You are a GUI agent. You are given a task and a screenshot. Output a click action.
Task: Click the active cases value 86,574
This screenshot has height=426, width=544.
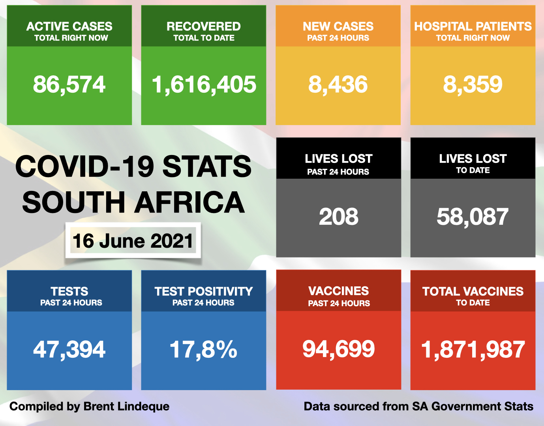pyautogui.click(x=69, y=84)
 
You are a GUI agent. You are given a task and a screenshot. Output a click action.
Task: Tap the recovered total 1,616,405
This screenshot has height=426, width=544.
pyautogui.click(x=204, y=84)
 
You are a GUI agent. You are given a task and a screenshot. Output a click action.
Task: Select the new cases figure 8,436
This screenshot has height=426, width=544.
pyautogui.click(x=338, y=84)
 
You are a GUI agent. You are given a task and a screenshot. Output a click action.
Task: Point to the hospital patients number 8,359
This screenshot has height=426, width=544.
pyautogui.click(x=473, y=84)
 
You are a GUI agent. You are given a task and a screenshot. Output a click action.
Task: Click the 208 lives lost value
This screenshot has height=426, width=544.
pyautogui.click(x=338, y=217)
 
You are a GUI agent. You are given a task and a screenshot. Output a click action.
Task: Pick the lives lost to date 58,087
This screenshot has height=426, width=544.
pyautogui.click(x=473, y=217)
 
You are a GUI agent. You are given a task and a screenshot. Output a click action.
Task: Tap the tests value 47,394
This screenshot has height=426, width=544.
pyautogui.click(x=69, y=349)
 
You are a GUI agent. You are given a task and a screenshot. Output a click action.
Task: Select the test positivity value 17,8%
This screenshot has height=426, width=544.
pyautogui.click(x=203, y=349)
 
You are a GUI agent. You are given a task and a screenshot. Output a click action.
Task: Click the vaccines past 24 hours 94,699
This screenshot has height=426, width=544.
pyautogui.click(x=338, y=349)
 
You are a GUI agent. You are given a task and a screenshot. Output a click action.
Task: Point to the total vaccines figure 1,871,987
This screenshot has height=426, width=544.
pyautogui.click(x=473, y=349)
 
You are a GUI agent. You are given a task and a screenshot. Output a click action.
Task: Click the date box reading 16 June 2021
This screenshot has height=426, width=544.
pyautogui.click(x=133, y=241)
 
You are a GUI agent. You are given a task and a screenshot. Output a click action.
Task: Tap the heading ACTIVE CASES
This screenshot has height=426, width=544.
pyautogui.click(x=69, y=26)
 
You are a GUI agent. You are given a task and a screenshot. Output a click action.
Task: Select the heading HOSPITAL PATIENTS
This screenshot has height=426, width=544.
pyautogui.click(x=473, y=26)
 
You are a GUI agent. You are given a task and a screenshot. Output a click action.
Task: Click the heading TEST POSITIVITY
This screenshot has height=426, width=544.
pyautogui.click(x=203, y=291)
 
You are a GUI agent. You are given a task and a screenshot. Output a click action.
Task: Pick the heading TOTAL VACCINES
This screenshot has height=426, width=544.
pyautogui.click(x=473, y=291)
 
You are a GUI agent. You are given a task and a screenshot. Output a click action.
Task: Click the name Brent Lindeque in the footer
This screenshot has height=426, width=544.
pyautogui.click(x=126, y=406)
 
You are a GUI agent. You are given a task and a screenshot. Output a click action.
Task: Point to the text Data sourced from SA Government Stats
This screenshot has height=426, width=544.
pyautogui.click(x=418, y=406)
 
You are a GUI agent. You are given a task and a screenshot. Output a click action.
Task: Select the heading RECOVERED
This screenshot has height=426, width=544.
pyautogui.click(x=203, y=26)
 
